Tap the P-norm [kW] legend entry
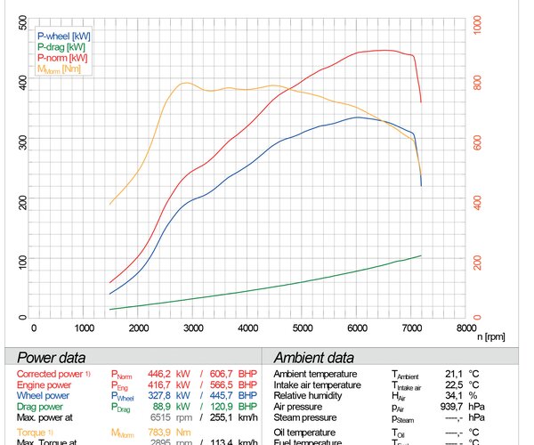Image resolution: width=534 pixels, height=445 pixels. pos(62,57)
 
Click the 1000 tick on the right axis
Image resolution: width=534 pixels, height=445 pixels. pos(477,24)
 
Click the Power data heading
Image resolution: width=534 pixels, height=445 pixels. pos(53,357)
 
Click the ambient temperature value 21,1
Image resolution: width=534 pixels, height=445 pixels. pos(454,374)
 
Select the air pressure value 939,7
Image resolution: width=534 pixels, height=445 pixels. pos(451,406)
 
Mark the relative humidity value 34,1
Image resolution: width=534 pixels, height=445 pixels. pos(454,395)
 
